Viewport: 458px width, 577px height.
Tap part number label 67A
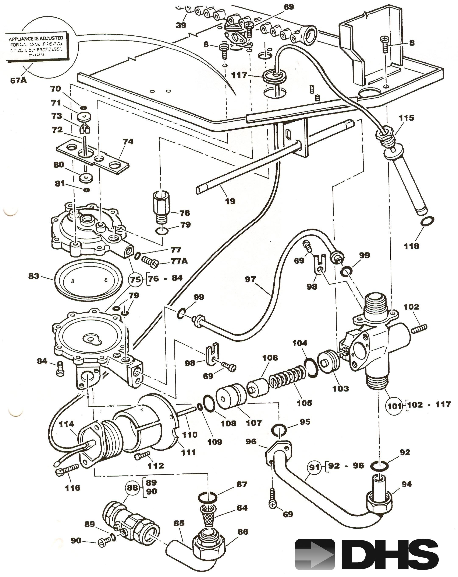[18, 80]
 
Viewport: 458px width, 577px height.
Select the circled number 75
[135, 279]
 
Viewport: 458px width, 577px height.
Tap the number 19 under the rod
[230, 201]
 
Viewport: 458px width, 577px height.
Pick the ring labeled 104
[311, 368]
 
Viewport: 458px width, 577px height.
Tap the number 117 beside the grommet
[239, 75]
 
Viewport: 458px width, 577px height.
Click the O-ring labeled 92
[379, 466]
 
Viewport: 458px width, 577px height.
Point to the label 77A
[179, 261]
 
